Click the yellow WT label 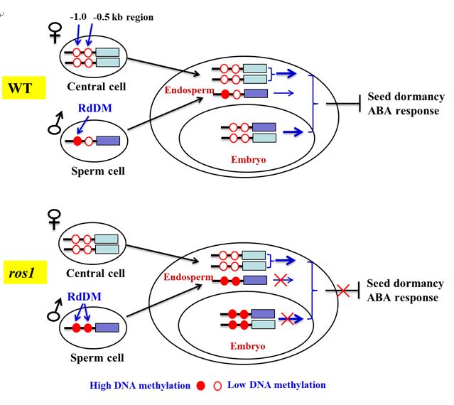pyautogui.click(x=23, y=89)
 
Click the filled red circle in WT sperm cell pyautogui.click(x=77, y=141)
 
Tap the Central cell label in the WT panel pyautogui.click(x=96, y=87)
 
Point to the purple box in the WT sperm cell pyautogui.click(x=109, y=141)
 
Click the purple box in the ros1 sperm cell pyautogui.click(x=108, y=328)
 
